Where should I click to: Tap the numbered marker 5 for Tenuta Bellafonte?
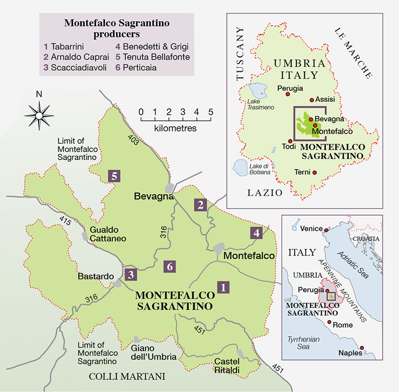(114, 176)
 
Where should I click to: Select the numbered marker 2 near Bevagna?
(200, 204)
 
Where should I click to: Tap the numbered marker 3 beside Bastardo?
(130, 274)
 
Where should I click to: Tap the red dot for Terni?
(314, 173)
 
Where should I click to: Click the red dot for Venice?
(326, 229)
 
